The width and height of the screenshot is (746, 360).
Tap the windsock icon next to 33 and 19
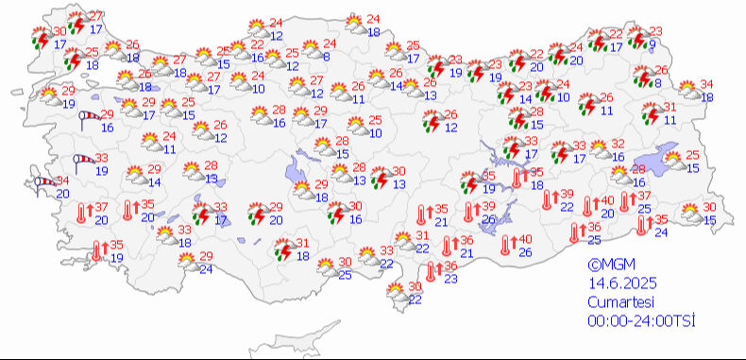81,163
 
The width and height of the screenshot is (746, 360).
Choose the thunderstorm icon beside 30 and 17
39,39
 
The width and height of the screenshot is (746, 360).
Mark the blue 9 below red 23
652,43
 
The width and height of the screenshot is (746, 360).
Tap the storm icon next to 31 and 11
650,113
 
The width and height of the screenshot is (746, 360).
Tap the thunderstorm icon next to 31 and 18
281,249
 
